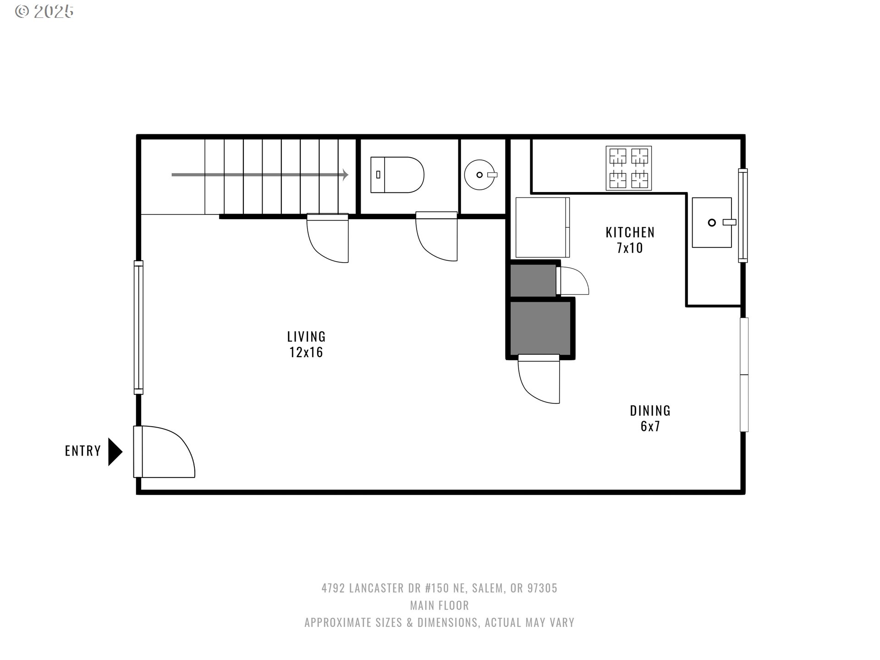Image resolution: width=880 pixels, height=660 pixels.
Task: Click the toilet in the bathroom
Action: click(x=397, y=175)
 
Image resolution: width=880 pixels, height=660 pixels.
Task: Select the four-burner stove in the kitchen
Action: click(x=628, y=168)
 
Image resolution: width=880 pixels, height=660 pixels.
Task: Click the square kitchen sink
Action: click(x=712, y=222)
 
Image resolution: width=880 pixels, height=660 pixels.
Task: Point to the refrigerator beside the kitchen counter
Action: click(x=543, y=227)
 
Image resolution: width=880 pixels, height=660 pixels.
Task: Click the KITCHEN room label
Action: click(x=630, y=233)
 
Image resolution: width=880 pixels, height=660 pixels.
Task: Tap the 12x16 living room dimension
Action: click(x=306, y=352)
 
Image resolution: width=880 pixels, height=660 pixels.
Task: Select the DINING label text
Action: click(x=650, y=411)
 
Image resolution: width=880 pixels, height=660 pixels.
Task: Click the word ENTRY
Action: click(x=83, y=451)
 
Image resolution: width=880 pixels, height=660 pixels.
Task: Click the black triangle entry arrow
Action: click(x=115, y=452)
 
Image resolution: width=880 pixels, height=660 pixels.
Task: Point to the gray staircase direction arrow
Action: click(x=260, y=175)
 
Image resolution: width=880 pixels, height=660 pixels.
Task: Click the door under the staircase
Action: click(x=327, y=238)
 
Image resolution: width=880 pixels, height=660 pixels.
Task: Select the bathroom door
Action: click(x=436, y=236)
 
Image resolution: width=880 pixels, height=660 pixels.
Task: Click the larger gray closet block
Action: click(x=540, y=328)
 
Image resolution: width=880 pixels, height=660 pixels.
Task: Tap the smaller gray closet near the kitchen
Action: click(x=533, y=280)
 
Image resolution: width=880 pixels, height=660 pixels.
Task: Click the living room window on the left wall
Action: click(x=138, y=327)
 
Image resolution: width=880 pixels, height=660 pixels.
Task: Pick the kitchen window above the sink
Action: click(x=742, y=215)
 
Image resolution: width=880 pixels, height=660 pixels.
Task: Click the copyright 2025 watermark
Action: click(x=44, y=11)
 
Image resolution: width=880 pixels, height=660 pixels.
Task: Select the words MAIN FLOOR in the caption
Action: click(x=440, y=605)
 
